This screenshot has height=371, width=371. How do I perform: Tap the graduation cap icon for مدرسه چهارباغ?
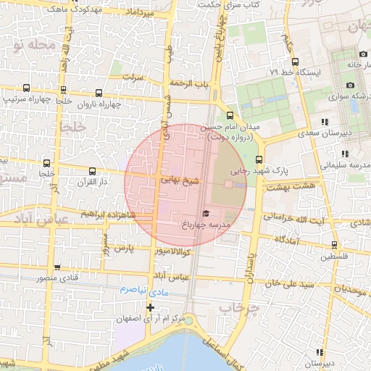click(206, 214)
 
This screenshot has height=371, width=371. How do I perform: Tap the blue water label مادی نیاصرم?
click(143, 290)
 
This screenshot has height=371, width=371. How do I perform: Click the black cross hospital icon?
click(150, 307)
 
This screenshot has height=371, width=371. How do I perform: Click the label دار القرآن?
click(92, 182)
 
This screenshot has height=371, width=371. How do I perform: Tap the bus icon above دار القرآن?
click(92, 172)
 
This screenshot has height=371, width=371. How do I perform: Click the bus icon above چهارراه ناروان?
click(99, 93)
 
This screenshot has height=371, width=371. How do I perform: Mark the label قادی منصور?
click(67, 277)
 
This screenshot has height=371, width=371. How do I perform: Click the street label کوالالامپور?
click(172, 251)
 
